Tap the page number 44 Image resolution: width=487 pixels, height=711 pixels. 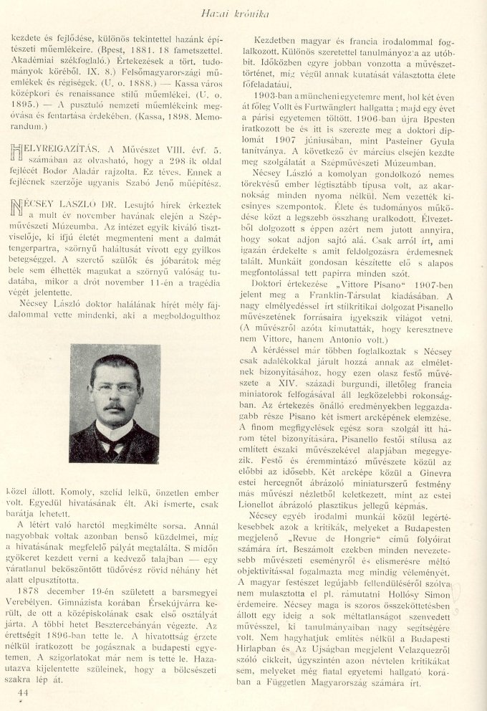pos(22,692)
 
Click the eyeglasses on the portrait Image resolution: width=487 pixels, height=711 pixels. pos(115,388)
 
